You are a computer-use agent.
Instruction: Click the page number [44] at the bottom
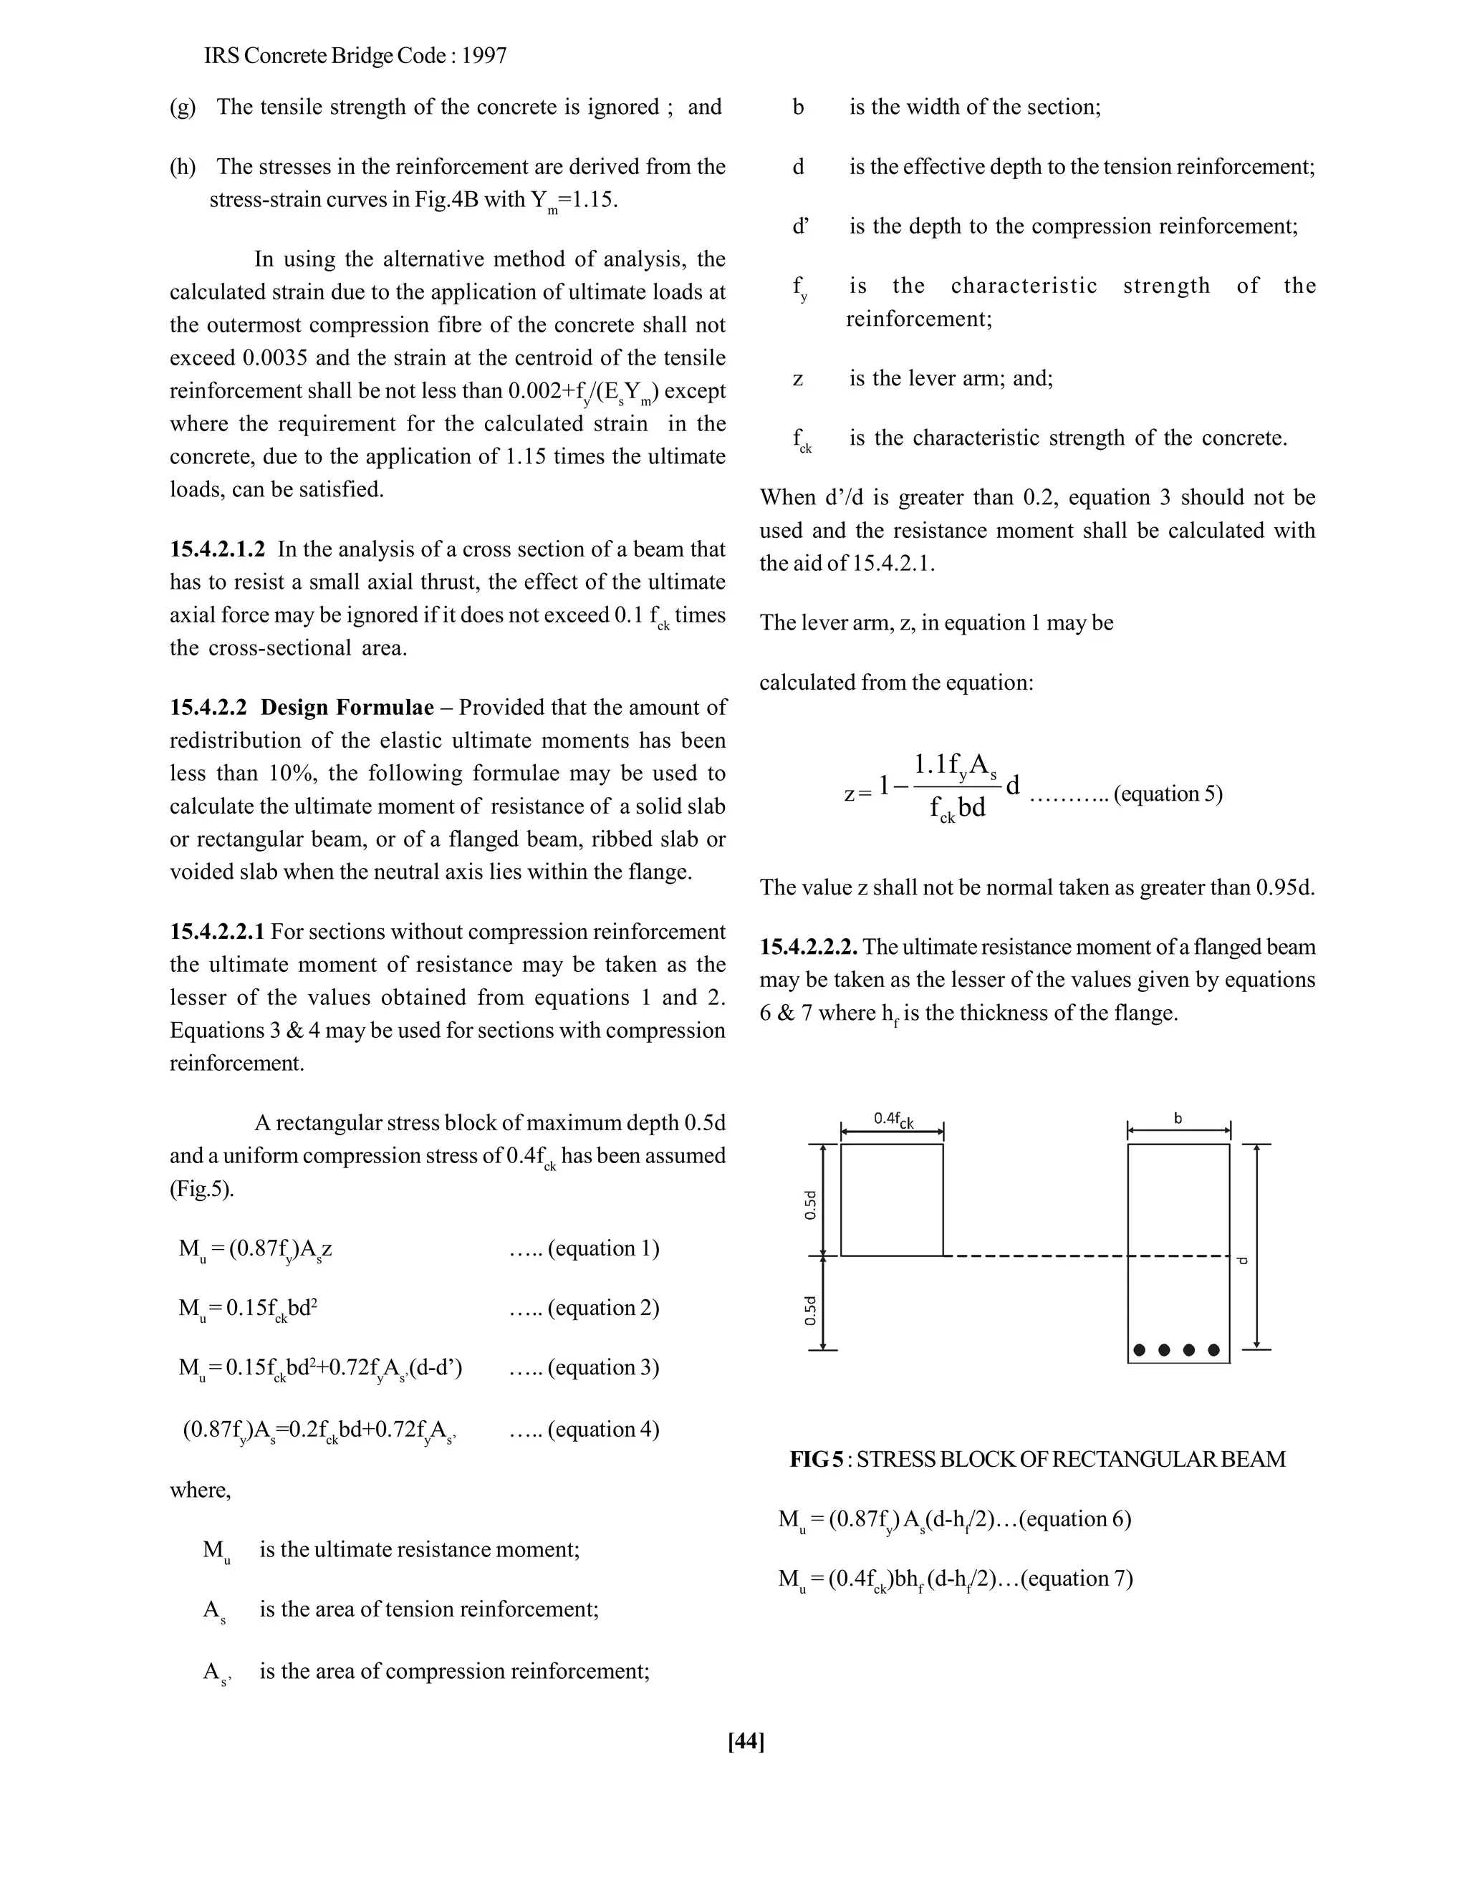point(746,1740)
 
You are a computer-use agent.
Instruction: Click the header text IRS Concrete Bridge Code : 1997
point(355,57)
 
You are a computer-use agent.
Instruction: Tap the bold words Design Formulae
point(347,708)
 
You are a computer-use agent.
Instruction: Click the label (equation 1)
point(602,1249)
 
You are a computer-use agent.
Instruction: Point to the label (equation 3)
point(602,1368)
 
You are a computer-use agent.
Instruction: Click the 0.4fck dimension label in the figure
point(893,1119)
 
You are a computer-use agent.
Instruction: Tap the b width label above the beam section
point(1178,1119)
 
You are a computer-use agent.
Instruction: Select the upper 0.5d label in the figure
point(811,1205)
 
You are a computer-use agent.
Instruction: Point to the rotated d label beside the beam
point(1243,1260)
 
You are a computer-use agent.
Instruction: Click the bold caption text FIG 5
point(815,1459)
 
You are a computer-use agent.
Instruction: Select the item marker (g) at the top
point(183,107)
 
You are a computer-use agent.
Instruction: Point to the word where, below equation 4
point(200,1490)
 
